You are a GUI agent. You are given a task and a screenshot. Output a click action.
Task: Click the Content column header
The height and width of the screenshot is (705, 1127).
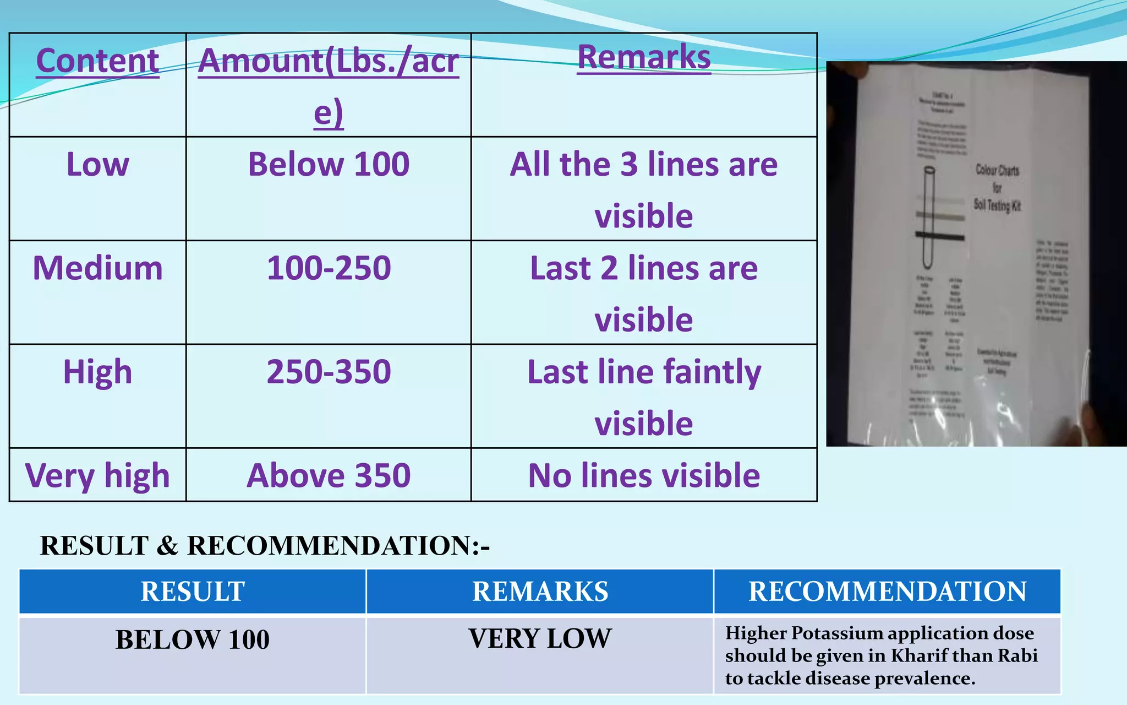click(97, 61)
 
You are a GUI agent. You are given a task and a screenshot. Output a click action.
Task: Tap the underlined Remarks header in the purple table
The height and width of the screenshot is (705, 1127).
click(644, 57)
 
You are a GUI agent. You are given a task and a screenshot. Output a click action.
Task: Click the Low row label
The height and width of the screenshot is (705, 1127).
click(97, 164)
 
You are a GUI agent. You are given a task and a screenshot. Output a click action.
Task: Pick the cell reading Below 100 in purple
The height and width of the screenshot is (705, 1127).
click(329, 164)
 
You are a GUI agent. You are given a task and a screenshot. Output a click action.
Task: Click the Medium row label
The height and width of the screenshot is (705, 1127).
click(97, 268)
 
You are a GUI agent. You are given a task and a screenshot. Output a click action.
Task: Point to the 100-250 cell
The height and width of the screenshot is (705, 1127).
click(329, 268)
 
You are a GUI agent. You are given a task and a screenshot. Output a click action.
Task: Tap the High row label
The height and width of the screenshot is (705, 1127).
click(97, 372)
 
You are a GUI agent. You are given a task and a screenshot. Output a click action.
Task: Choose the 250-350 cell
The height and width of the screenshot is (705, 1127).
click(329, 372)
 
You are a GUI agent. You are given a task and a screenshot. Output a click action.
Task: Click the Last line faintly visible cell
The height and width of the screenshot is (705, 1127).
click(644, 397)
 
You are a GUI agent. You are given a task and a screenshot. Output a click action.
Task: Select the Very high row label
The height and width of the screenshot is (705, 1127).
click(97, 475)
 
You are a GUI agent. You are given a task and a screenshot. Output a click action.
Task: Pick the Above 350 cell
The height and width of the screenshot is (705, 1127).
click(329, 475)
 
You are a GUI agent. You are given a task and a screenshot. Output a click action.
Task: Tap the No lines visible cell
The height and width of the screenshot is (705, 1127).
click(644, 475)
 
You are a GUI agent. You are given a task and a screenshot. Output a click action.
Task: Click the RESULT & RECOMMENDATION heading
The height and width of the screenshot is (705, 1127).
click(265, 546)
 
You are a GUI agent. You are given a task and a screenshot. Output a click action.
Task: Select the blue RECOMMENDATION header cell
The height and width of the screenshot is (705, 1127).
click(887, 592)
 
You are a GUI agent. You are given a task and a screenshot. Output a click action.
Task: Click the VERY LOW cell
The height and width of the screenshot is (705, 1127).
click(540, 639)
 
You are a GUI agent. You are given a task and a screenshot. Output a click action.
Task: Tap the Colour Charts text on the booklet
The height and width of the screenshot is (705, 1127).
click(997, 170)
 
